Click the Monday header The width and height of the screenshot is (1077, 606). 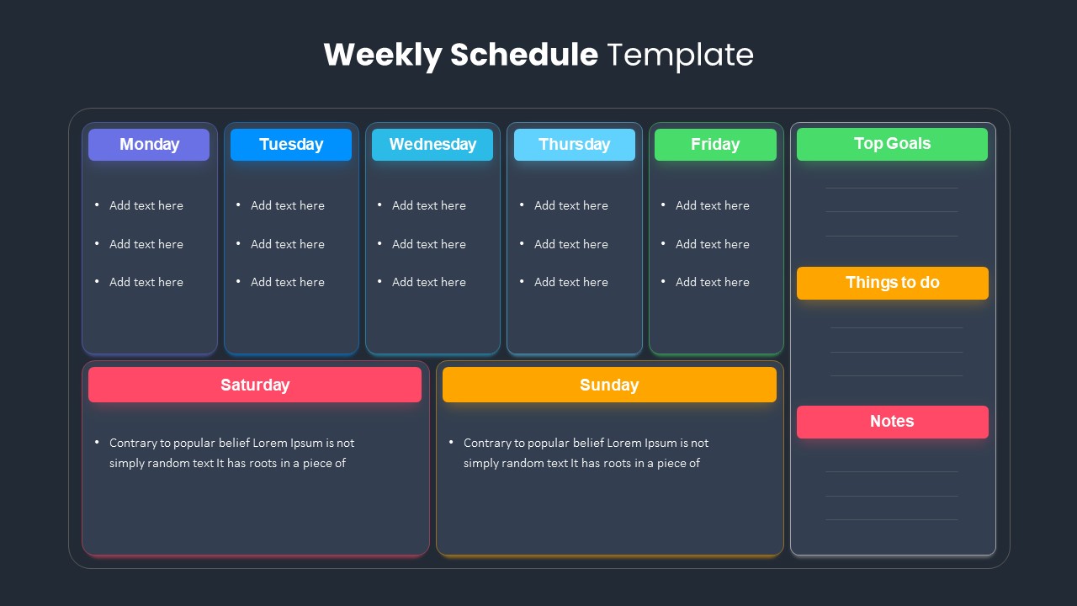[149, 144]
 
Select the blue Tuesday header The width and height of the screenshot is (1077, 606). [291, 144]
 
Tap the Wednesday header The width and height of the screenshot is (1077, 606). [432, 144]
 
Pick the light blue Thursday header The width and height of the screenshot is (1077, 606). [575, 144]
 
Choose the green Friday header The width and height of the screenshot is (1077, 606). [715, 144]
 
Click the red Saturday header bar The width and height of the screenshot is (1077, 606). [255, 385]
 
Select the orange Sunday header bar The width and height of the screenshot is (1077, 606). [609, 385]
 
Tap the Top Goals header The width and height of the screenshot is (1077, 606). [893, 144]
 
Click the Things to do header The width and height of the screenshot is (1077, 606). [893, 283]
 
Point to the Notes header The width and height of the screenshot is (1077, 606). [893, 422]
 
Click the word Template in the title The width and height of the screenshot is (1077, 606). [681, 55]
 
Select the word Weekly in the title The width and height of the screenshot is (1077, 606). [383, 56]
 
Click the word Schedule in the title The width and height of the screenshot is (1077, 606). [524, 55]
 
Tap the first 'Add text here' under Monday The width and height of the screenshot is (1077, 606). [146, 205]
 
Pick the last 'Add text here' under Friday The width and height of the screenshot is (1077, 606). [713, 282]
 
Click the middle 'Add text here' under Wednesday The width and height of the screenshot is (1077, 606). [429, 244]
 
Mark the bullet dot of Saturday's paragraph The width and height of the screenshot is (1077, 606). [97, 442]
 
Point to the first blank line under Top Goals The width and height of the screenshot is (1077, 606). [892, 188]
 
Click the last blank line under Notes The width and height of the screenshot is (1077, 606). [892, 519]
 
